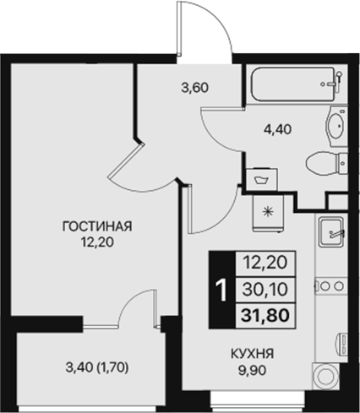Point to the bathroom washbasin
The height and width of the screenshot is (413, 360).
click(x=335, y=128)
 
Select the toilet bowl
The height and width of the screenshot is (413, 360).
click(x=325, y=163)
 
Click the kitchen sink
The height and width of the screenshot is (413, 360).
click(x=331, y=231)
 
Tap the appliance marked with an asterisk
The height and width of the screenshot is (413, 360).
click(x=269, y=211)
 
